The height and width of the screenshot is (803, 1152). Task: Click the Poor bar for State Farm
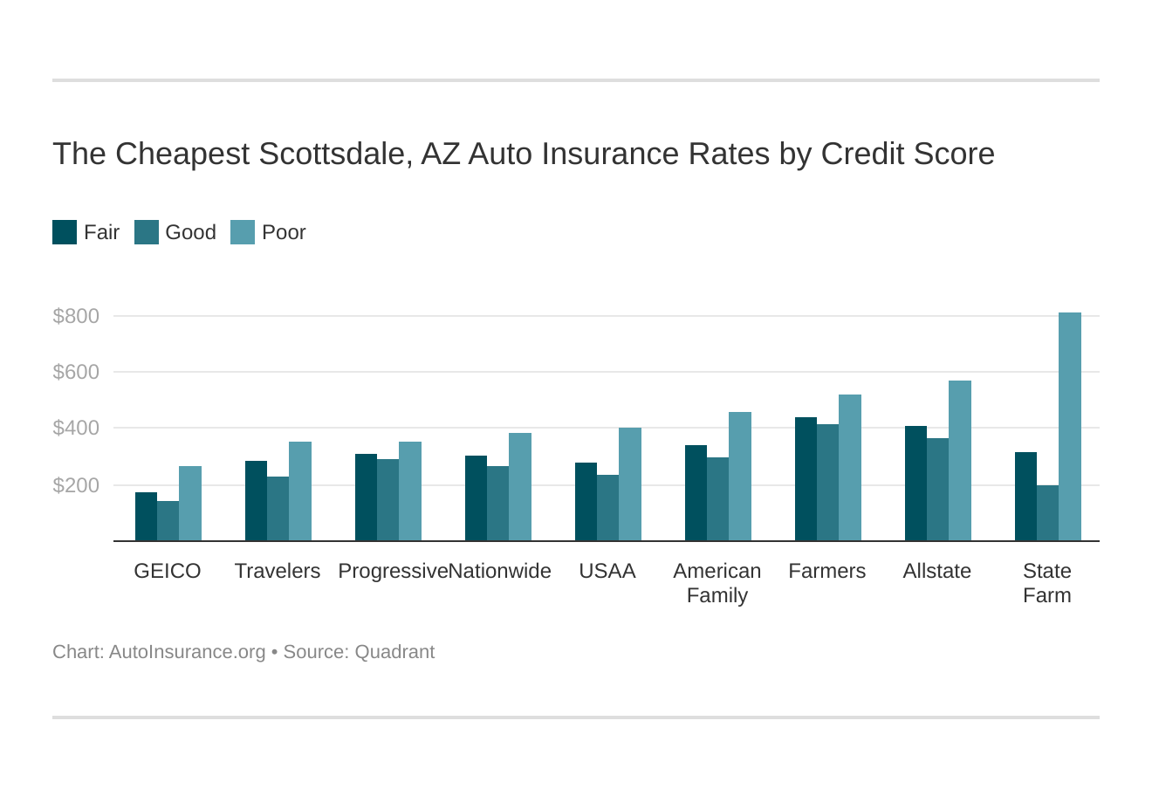click(1069, 427)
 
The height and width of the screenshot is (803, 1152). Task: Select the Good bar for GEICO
click(168, 521)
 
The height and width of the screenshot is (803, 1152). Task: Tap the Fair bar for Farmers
click(806, 479)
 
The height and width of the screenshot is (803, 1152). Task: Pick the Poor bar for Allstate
click(959, 461)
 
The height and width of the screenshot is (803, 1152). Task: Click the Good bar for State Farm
click(1047, 513)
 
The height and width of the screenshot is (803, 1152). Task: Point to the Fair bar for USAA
click(586, 502)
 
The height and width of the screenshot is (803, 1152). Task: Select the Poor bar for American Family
click(739, 477)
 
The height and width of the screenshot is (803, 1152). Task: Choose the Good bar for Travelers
click(278, 509)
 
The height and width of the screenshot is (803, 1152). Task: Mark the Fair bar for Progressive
click(366, 498)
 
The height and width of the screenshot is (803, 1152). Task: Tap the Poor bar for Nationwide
click(519, 487)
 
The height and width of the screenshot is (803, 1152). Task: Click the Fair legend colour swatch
click(65, 232)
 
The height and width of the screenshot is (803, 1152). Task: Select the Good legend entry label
click(190, 232)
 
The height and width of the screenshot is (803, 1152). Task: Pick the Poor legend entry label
click(284, 232)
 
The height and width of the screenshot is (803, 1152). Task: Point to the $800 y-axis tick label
click(76, 316)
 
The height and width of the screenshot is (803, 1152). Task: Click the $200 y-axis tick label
click(76, 485)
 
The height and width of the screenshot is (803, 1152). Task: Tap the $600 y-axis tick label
click(76, 373)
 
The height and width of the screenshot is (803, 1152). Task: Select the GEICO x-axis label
click(168, 571)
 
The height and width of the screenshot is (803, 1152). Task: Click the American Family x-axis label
click(717, 583)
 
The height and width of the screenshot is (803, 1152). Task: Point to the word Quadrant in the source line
click(394, 652)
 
